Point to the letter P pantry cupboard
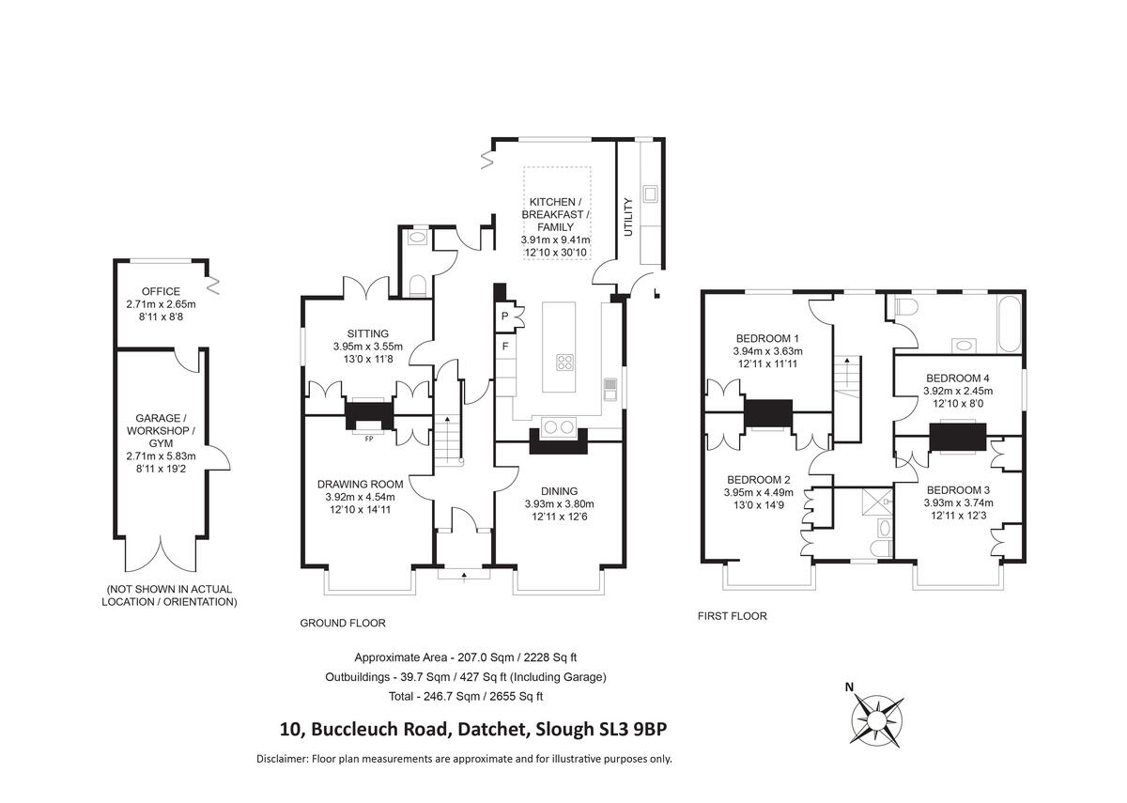(x=504, y=317)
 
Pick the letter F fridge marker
(x=504, y=347)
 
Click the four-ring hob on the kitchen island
(x=565, y=361)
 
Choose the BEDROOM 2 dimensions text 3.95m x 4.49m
(x=757, y=492)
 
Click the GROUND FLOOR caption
(x=342, y=623)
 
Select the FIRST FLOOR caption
(x=732, y=616)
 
